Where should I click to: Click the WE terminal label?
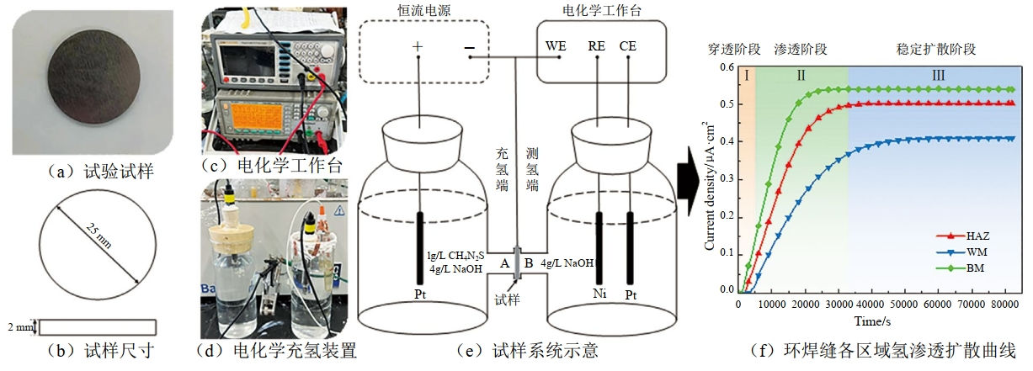[x=557, y=46]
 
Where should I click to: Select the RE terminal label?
[x=597, y=46]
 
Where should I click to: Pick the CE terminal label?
[x=628, y=46]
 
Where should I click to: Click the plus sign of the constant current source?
[x=418, y=48]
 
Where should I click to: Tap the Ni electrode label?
[x=598, y=295]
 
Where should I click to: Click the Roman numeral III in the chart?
[x=938, y=76]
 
